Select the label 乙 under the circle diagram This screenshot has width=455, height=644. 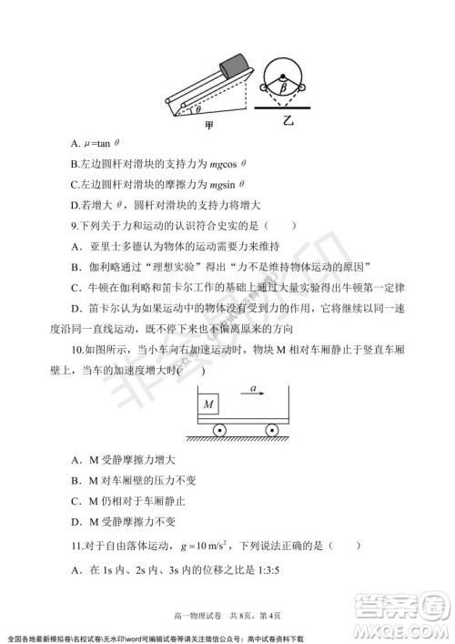[x=288, y=120]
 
